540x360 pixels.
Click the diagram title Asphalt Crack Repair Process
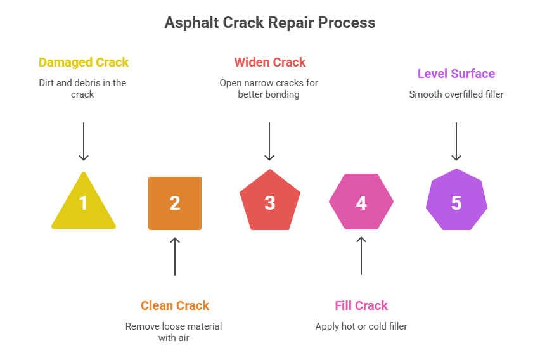270,23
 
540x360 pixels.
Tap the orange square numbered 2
175,203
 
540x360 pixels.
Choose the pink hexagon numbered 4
361,203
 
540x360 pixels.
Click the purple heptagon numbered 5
456,203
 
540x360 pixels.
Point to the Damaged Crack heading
84,62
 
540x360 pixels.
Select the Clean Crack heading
175,305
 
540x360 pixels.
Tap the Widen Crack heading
270,62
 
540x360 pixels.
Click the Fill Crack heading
361,305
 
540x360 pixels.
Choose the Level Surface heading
456,74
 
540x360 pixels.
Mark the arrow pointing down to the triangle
84,141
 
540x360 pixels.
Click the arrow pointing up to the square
175,256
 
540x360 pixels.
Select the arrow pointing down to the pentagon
270,141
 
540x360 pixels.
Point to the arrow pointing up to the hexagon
361,256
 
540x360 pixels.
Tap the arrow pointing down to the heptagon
456,141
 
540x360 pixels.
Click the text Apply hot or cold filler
361,326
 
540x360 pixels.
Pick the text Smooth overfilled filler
456,94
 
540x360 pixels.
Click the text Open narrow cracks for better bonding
269,88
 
